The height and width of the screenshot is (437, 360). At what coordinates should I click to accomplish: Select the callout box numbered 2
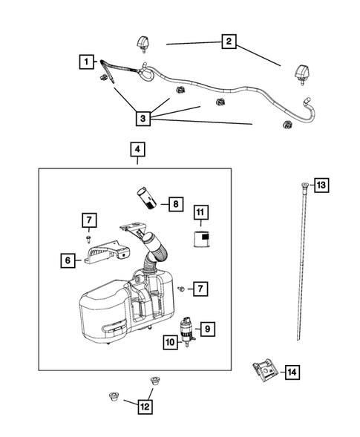229,42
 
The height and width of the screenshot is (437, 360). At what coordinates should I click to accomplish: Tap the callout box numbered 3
143,117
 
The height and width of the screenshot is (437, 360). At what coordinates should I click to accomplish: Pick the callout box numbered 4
136,150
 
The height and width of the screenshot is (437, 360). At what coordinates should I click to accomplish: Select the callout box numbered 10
169,342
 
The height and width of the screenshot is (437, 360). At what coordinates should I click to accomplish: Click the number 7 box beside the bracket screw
88,220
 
